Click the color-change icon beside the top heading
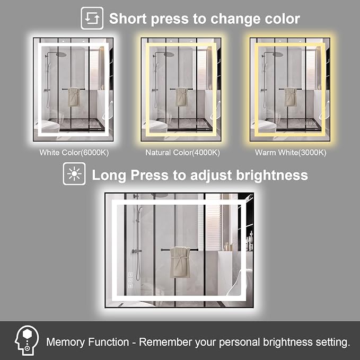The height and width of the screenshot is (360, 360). tap(92, 18)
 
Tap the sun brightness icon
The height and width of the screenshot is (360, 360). tap(74, 173)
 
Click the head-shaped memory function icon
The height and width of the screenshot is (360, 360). tap(27, 340)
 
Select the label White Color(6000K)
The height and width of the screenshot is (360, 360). tap(74, 153)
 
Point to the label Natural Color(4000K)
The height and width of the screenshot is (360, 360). tap(182, 153)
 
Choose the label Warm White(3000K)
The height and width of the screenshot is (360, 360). tap(291, 153)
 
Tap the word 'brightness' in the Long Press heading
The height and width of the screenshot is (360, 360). tap(272, 175)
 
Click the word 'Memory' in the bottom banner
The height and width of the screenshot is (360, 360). tap(65, 342)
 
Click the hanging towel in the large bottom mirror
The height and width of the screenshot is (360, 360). tap(181, 262)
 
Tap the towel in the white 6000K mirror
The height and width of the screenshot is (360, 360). tap(74, 96)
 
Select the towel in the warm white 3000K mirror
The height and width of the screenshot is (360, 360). tap(291, 96)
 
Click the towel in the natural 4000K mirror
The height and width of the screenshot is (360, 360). tap(182, 96)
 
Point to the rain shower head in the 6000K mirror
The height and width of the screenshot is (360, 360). tap(61, 55)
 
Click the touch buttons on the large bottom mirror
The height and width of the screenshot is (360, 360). tap(130, 280)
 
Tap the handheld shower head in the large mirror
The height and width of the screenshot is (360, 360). tap(140, 210)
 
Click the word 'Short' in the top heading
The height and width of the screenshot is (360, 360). tap(128, 19)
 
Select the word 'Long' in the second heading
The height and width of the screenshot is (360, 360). tap(109, 175)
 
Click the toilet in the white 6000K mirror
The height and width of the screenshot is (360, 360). tap(48, 127)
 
